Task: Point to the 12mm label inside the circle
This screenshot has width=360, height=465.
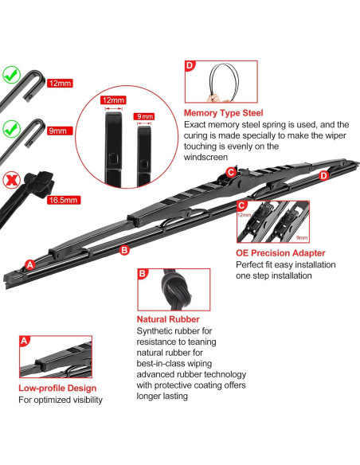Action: tap(113, 101)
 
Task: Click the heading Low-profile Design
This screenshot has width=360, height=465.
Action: tap(59, 388)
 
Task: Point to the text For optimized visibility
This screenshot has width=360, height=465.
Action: tap(61, 401)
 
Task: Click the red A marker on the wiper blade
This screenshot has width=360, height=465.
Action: tap(30, 264)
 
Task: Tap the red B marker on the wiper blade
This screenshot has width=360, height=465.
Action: tap(123, 250)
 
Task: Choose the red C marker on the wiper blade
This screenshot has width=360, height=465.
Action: tap(230, 172)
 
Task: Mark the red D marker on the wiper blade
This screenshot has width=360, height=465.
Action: tap(323, 175)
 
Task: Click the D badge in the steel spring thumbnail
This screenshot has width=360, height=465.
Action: tap(190, 66)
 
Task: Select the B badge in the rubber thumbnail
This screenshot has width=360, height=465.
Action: tap(143, 273)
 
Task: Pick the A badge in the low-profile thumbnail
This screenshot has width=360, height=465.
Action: tap(25, 340)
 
